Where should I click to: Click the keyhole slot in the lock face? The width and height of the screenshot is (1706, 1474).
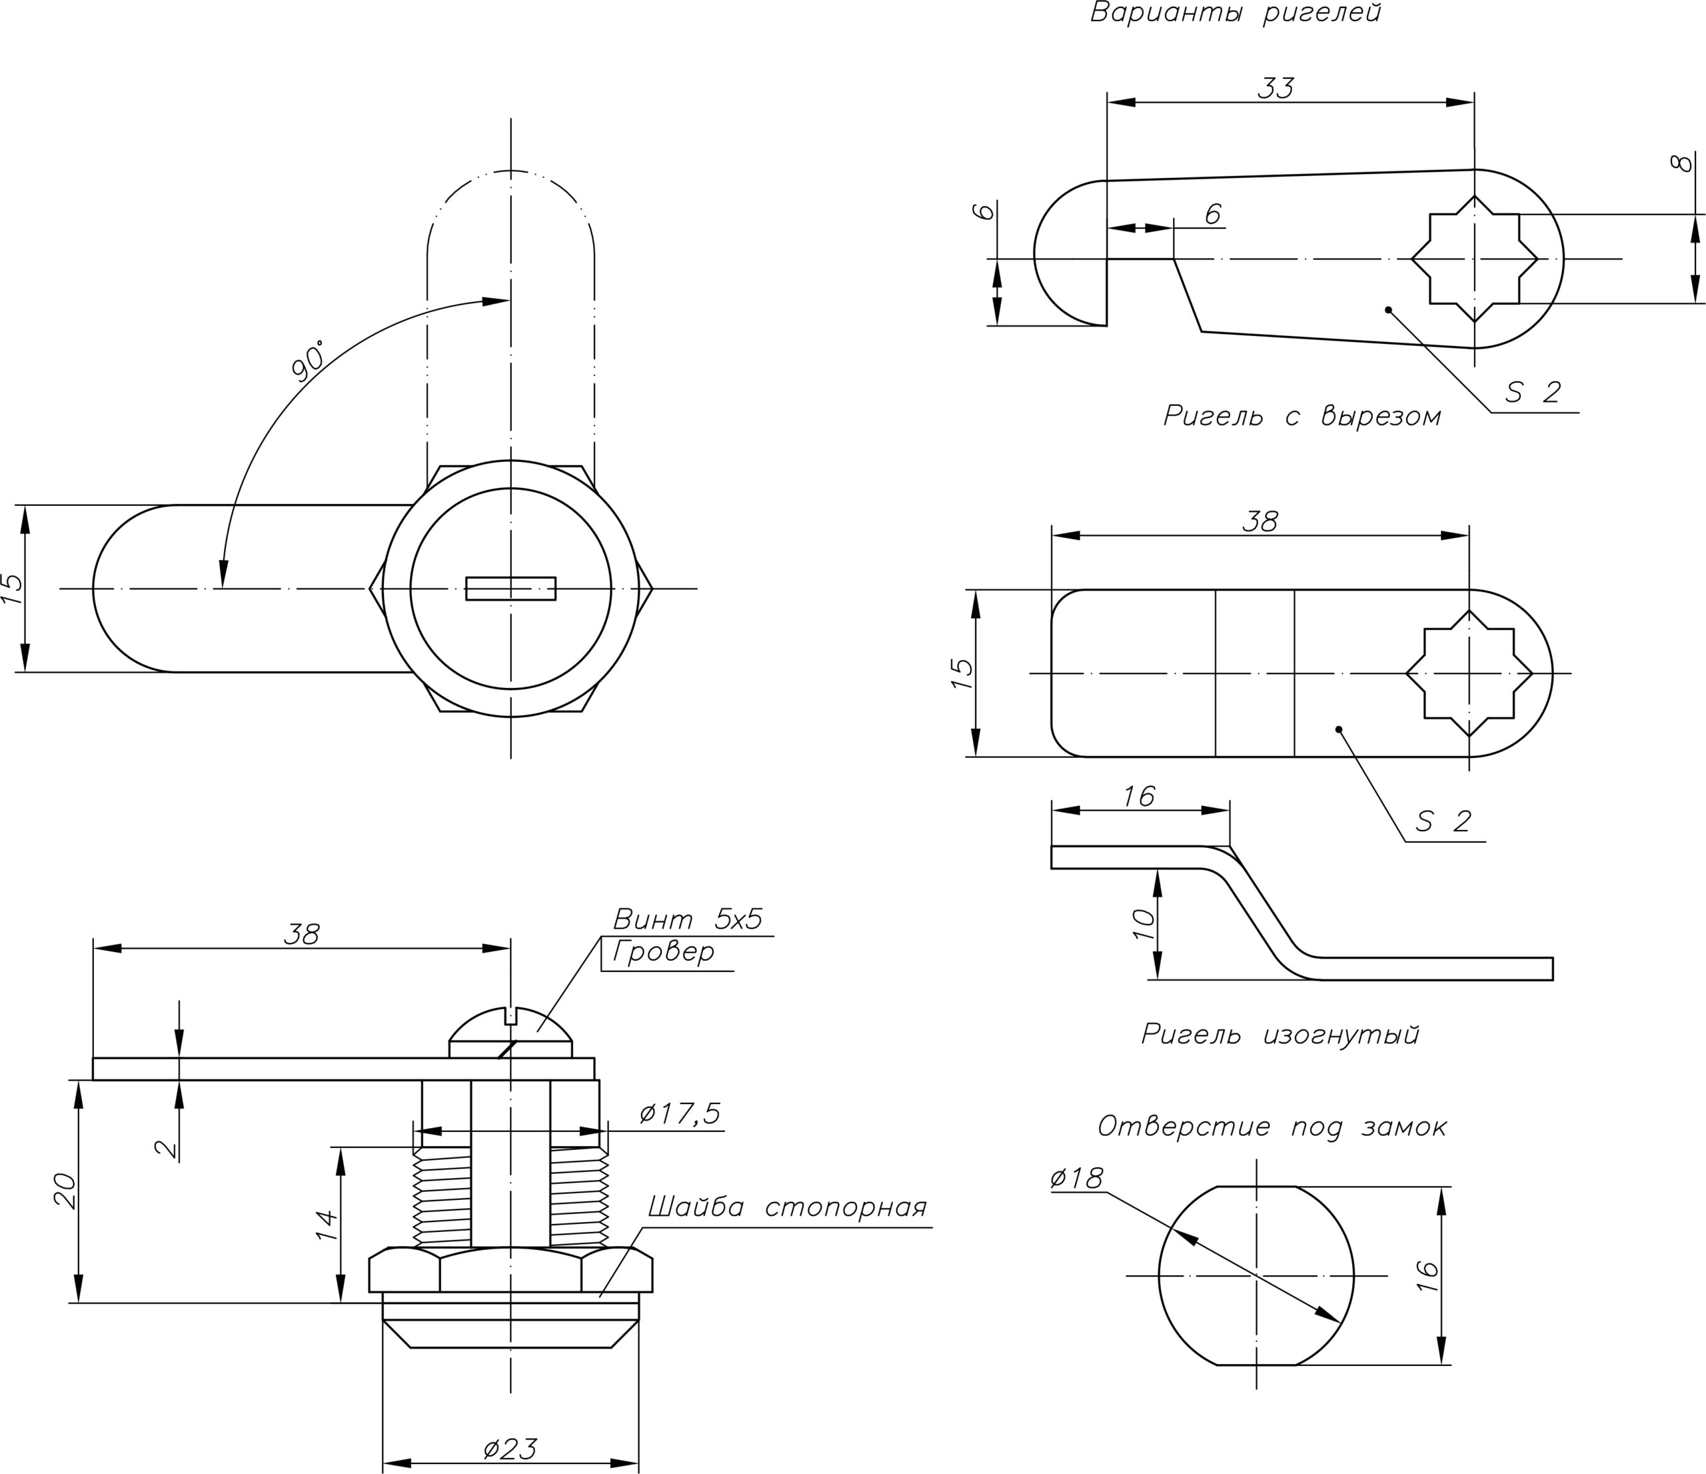pyautogui.click(x=510, y=589)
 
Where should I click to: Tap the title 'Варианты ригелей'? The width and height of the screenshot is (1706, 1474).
pyautogui.click(x=1235, y=14)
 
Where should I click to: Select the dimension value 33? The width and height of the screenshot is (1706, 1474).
pyautogui.click(x=1276, y=88)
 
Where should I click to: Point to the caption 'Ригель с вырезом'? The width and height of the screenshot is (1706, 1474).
pyautogui.click(x=1301, y=417)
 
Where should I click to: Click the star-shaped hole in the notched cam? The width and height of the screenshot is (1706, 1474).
pyautogui.click(x=1474, y=259)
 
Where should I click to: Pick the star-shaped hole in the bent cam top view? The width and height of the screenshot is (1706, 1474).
pyautogui.click(x=1469, y=673)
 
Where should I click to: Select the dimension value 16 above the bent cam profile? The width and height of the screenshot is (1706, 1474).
pyautogui.click(x=1139, y=796)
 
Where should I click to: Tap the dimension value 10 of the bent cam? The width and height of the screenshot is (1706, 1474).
pyautogui.click(x=1144, y=925)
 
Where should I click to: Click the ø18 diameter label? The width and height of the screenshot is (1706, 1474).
pyautogui.click(x=1077, y=1179)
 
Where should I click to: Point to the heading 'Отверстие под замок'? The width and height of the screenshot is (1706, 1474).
pyautogui.click(x=1272, y=1127)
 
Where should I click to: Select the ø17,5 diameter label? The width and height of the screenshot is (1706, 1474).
pyautogui.click(x=680, y=1114)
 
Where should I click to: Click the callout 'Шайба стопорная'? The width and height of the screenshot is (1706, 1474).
pyautogui.click(x=787, y=1208)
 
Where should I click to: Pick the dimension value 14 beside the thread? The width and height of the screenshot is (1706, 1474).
pyautogui.click(x=327, y=1225)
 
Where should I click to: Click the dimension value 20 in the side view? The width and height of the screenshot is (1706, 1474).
pyautogui.click(x=65, y=1191)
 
